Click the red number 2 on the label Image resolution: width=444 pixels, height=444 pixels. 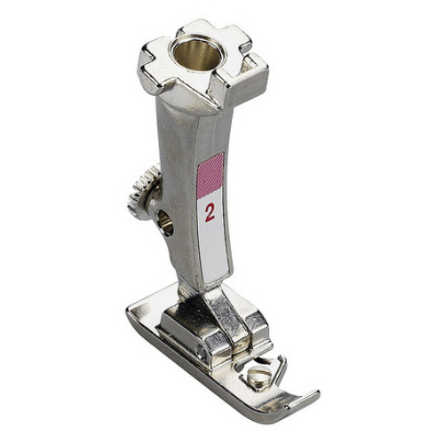point(210,213)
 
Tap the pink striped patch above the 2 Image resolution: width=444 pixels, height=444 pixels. point(210,176)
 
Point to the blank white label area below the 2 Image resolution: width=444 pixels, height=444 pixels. point(214,251)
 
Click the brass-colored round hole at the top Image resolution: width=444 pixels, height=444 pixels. point(195,54)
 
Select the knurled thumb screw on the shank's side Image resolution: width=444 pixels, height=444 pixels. point(145,193)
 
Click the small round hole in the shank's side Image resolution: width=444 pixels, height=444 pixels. point(164,223)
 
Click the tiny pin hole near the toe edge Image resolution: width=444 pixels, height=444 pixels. point(287,407)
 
